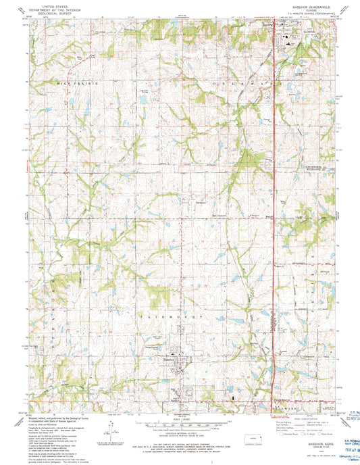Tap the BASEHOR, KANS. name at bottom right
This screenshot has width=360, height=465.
point(306,420)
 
